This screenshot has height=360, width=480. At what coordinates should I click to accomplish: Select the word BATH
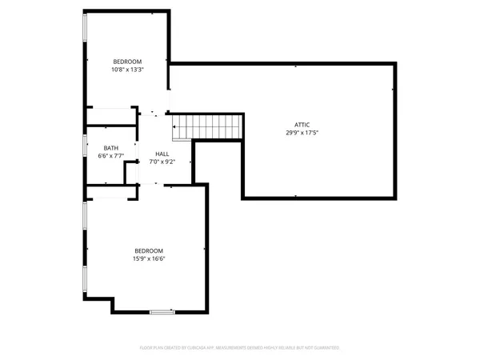[x=111, y=149]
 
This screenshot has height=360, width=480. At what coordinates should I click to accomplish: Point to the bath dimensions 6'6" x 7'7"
[x=111, y=157]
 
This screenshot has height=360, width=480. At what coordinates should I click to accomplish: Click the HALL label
[x=162, y=154]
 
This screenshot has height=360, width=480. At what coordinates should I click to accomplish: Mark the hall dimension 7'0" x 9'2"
[x=162, y=162]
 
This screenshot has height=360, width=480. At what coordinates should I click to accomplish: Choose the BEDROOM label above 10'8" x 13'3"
[x=127, y=62]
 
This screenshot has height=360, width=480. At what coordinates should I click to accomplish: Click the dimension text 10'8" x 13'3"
[x=127, y=70]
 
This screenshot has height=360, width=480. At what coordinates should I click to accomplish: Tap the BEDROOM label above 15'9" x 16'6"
[x=149, y=250]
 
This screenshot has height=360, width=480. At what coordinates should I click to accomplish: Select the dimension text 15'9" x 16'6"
[x=149, y=258]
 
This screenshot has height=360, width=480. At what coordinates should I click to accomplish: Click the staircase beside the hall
[x=207, y=126]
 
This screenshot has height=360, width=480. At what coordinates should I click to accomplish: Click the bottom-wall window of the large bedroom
[x=162, y=311]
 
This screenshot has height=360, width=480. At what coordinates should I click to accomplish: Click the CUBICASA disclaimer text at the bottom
[x=240, y=348]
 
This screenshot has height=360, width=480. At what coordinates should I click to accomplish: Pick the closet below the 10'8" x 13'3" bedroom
[x=112, y=117]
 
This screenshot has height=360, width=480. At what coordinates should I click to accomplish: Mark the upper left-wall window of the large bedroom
[x=86, y=224]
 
